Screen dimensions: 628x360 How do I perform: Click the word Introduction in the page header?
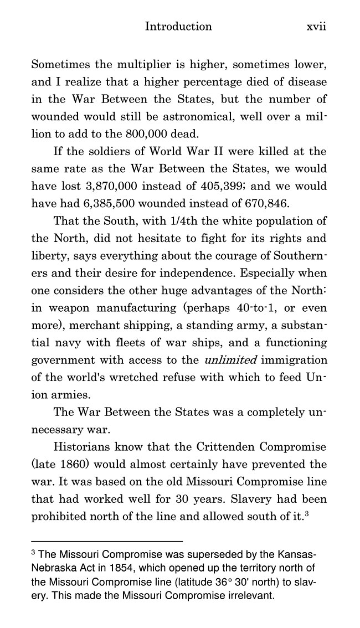click(x=178, y=27)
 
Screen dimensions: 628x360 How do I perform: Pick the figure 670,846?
click(x=249, y=203)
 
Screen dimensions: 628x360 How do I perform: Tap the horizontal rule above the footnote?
click(x=107, y=541)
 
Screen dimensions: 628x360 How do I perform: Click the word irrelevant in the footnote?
click(x=246, y=596)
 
